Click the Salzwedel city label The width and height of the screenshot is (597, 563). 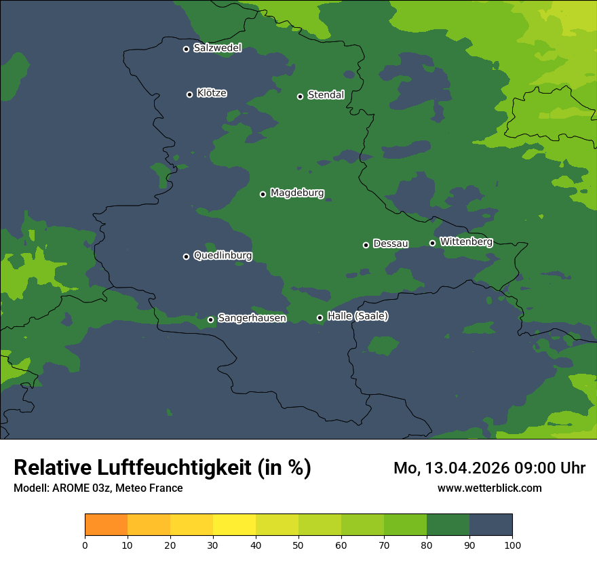click(217, 48)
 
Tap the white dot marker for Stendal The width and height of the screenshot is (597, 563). click(300, 96)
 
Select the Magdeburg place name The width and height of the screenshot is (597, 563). click(297, 193)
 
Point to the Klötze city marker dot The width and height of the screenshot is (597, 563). click(189, 94)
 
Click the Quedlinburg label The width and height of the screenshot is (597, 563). click(223, 256)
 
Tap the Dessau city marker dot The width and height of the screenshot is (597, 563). click(366, 245)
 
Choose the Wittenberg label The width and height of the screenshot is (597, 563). click(466, 241)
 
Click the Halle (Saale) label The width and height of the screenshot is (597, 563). click(358, 316)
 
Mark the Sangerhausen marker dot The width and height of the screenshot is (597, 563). click(210, 319)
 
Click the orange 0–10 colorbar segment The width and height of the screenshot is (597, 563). click(106, 525)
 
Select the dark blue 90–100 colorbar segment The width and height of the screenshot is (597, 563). click(490, 525)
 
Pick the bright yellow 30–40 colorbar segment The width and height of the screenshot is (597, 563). click(234, 525)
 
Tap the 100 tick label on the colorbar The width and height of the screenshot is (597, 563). click(512, 545)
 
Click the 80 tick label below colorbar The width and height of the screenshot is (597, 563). click(427, 545)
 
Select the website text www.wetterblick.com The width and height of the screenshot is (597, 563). click(489, 488)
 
